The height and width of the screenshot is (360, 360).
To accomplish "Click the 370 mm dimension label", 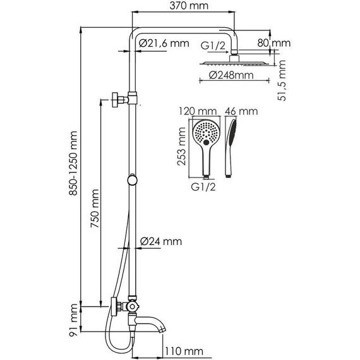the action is (x=189, y=6).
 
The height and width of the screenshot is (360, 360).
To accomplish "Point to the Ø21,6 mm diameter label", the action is (x=164, y=43).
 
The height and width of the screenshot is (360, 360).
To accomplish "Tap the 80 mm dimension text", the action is (x=273, y=43).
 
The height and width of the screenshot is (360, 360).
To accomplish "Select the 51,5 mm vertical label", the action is (x=282, y=80).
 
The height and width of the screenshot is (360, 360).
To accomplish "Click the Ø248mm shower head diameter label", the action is (x=231, y=75).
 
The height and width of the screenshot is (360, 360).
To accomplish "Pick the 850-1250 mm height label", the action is (x=73, y=163).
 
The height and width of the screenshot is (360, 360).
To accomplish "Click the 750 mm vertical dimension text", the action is (x=95, y=208).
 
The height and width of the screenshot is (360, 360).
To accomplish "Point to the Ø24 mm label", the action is (x=160, y=241).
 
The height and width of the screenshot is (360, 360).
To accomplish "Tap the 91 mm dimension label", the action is (x=73, y=320).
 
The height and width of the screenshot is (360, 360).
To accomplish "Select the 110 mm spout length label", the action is (x=184, y=351).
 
